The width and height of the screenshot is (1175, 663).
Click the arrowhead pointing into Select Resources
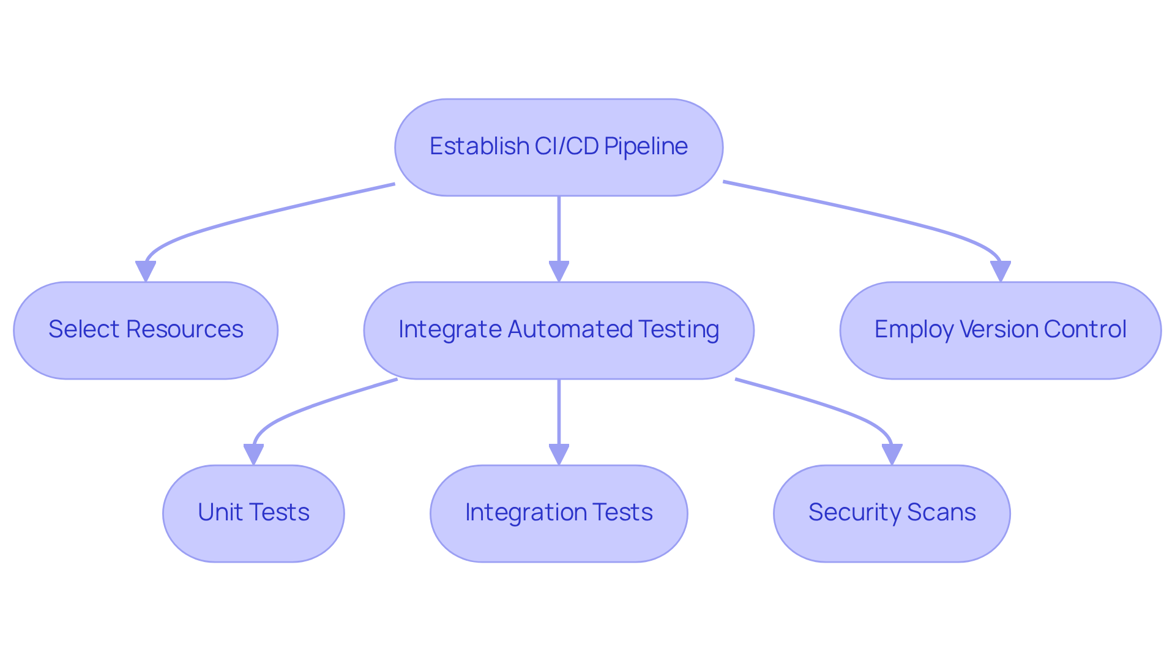[x=146, y=271]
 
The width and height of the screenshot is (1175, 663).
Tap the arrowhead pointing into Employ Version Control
[x=1000, y=271]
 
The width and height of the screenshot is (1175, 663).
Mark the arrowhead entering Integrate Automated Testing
[x=559, y=271]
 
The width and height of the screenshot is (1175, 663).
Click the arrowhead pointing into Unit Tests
[x=253, y=454]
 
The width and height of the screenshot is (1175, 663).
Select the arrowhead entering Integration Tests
[x=559, y=454]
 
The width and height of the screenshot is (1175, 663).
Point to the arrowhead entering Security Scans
[x=892, y=454]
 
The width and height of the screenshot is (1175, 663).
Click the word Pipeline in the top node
[x=646, y=146]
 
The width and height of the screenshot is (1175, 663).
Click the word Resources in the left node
[x=184, y=329]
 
